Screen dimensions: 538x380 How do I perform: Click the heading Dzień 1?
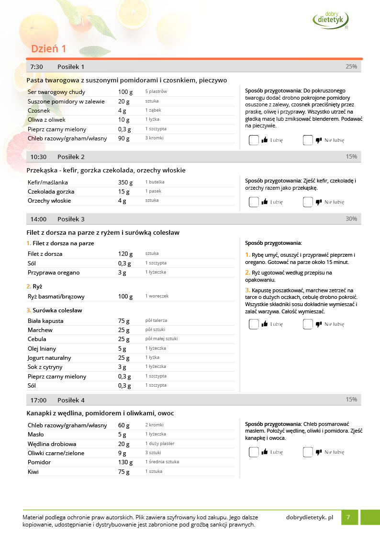pos(48,49)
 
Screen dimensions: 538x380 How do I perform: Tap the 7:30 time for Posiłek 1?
pos(36,67)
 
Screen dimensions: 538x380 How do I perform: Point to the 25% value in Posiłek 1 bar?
pos(351,67)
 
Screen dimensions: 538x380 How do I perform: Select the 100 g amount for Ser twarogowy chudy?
pos(125,92)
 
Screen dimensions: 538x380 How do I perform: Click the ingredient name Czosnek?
pos(39,111)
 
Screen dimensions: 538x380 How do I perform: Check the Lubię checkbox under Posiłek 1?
pos(254,140)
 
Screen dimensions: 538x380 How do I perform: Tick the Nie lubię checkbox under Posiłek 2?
pos(308,202)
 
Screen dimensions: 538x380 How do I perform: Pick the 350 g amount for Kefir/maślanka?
pos(125,183)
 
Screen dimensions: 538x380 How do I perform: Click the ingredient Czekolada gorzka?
pos(51,192)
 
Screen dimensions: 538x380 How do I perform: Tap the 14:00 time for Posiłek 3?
pos(38,219)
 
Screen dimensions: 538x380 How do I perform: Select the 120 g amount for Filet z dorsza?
pos(125,254)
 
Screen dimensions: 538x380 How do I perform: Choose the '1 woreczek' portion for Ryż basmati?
pos(157,297)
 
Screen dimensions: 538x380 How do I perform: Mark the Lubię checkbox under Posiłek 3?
pos(254,324)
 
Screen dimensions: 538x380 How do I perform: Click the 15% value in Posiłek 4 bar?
pos(351,400)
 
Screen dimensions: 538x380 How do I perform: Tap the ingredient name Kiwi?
pos(33,472)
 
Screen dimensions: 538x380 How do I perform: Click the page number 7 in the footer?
pos(348,517)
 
